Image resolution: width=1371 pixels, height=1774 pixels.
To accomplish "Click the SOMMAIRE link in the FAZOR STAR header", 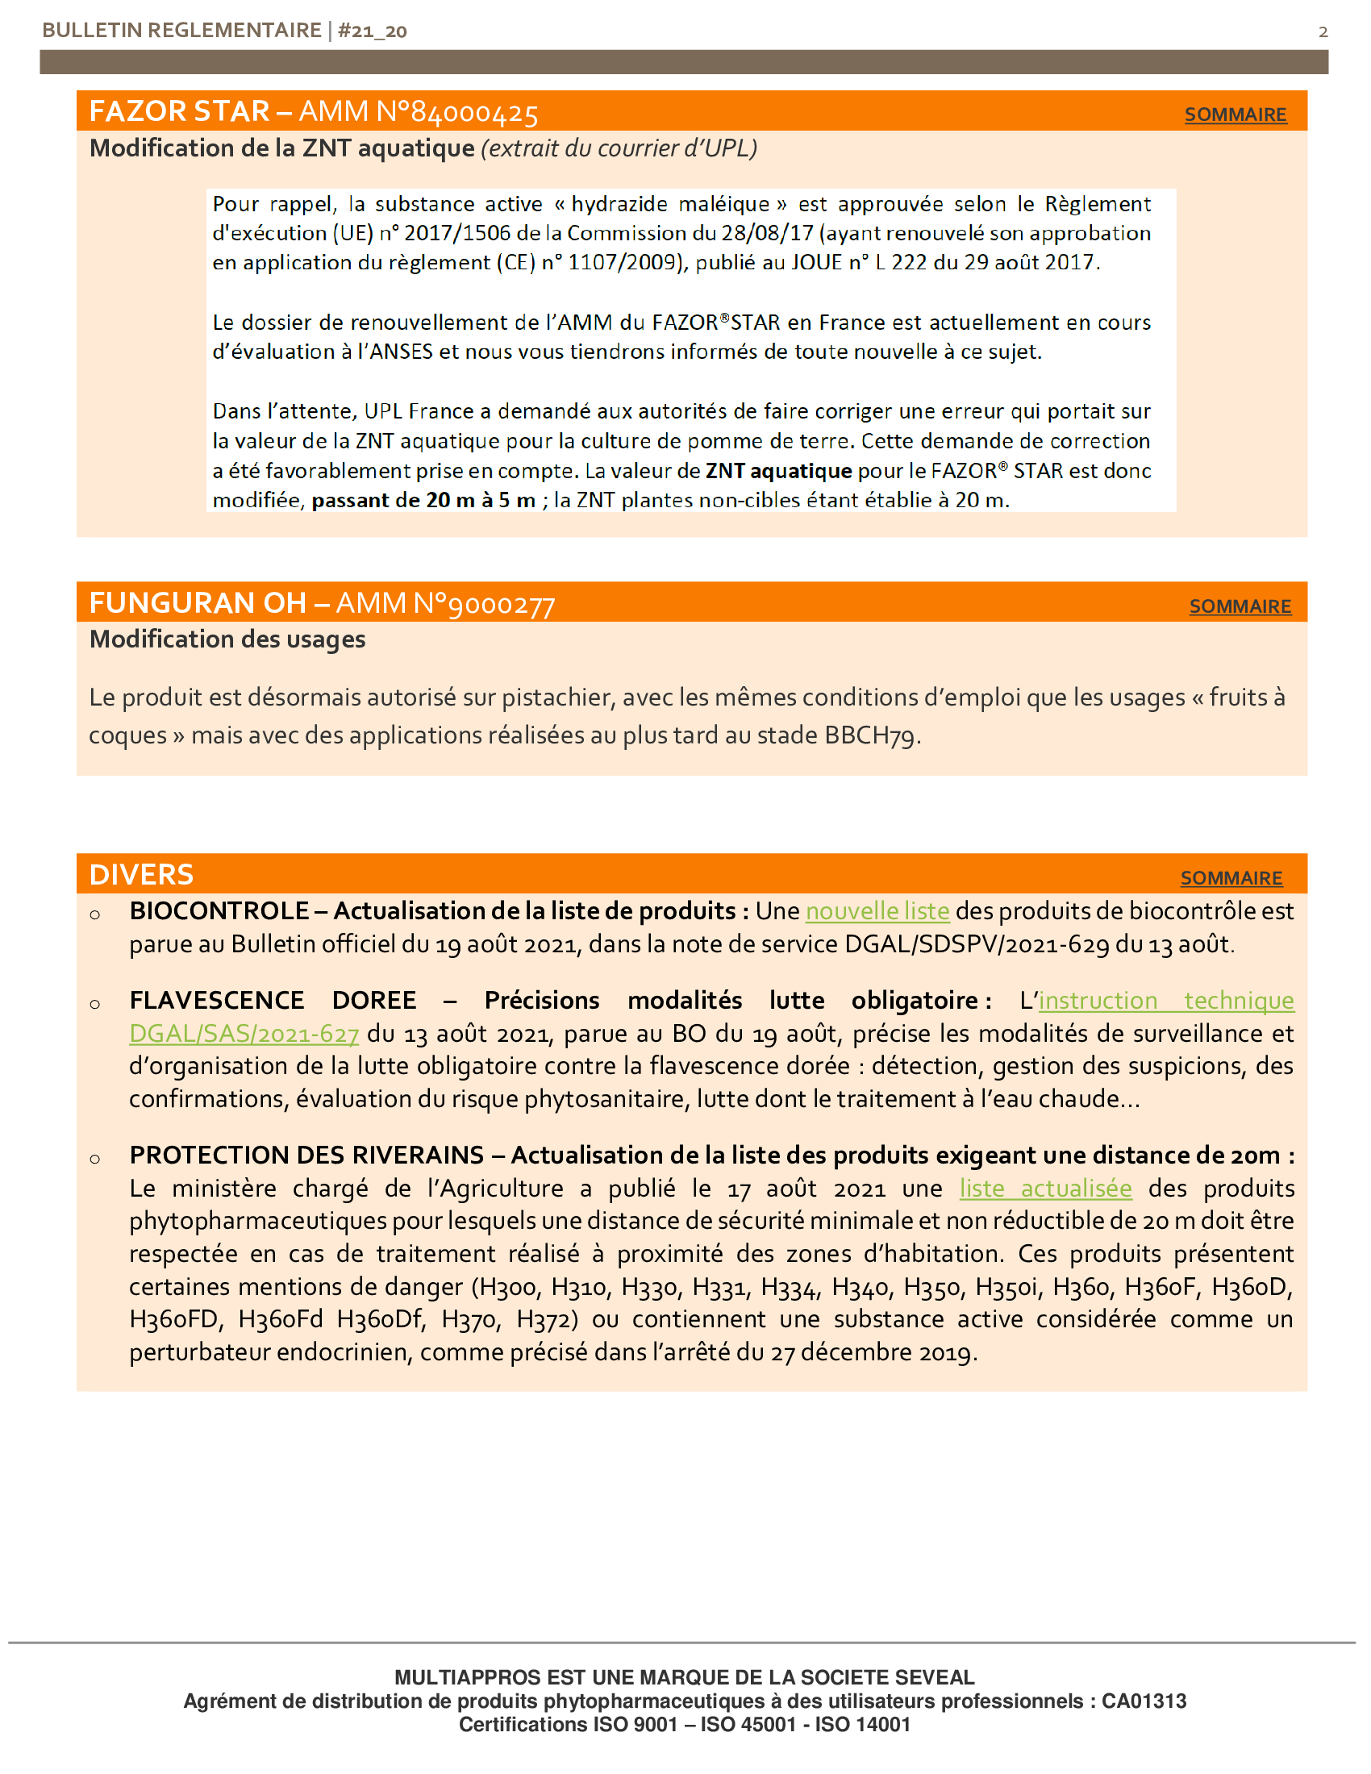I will pyautogui.click(x=1235, y=115).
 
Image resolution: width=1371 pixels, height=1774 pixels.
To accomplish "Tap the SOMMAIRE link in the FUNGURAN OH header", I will pyautogui.click(x=1240, y=606).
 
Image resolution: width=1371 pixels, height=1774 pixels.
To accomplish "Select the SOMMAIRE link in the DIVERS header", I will pyautogui.click(x=1231, y=877).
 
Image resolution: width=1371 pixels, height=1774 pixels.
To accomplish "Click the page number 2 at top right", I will pyautogui.click(x=1323, y=31).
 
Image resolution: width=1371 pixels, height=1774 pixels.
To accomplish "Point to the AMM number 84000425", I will pyautogui.click(x=474, y=112).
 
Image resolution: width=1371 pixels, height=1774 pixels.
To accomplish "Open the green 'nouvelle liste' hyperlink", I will pyautogui.click(x=877, y=911).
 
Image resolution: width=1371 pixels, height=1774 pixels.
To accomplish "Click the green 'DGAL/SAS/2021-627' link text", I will pyautogui.click(x=244, y=1034).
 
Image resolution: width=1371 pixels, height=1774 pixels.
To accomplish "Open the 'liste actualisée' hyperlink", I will pyautogui.click(x=1045, y=1189).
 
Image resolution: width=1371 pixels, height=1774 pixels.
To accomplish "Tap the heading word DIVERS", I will pyautogui.click(x=141, y=875).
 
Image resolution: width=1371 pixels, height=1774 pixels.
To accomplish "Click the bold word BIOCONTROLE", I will pyautogui.click(x=219, y=911).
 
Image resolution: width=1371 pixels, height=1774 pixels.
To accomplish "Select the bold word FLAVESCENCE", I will pyautogui.click(x=217, y=1000).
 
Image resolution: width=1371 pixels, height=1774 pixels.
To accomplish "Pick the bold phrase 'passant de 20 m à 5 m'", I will pyautogui.click(x=423, y=501).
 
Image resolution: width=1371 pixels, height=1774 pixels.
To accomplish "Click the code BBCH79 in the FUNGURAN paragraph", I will pyautogui.click(x=870, y=735).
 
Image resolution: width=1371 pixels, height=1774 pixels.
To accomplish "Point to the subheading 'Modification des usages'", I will pyautogui.click(x=227, y=639).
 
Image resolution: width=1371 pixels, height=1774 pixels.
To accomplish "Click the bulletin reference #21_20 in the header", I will pyautogui.click(x=372, y=31).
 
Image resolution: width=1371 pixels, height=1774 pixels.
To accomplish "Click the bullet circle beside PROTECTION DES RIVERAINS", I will pyautogui.click(x=95, y=1158).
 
